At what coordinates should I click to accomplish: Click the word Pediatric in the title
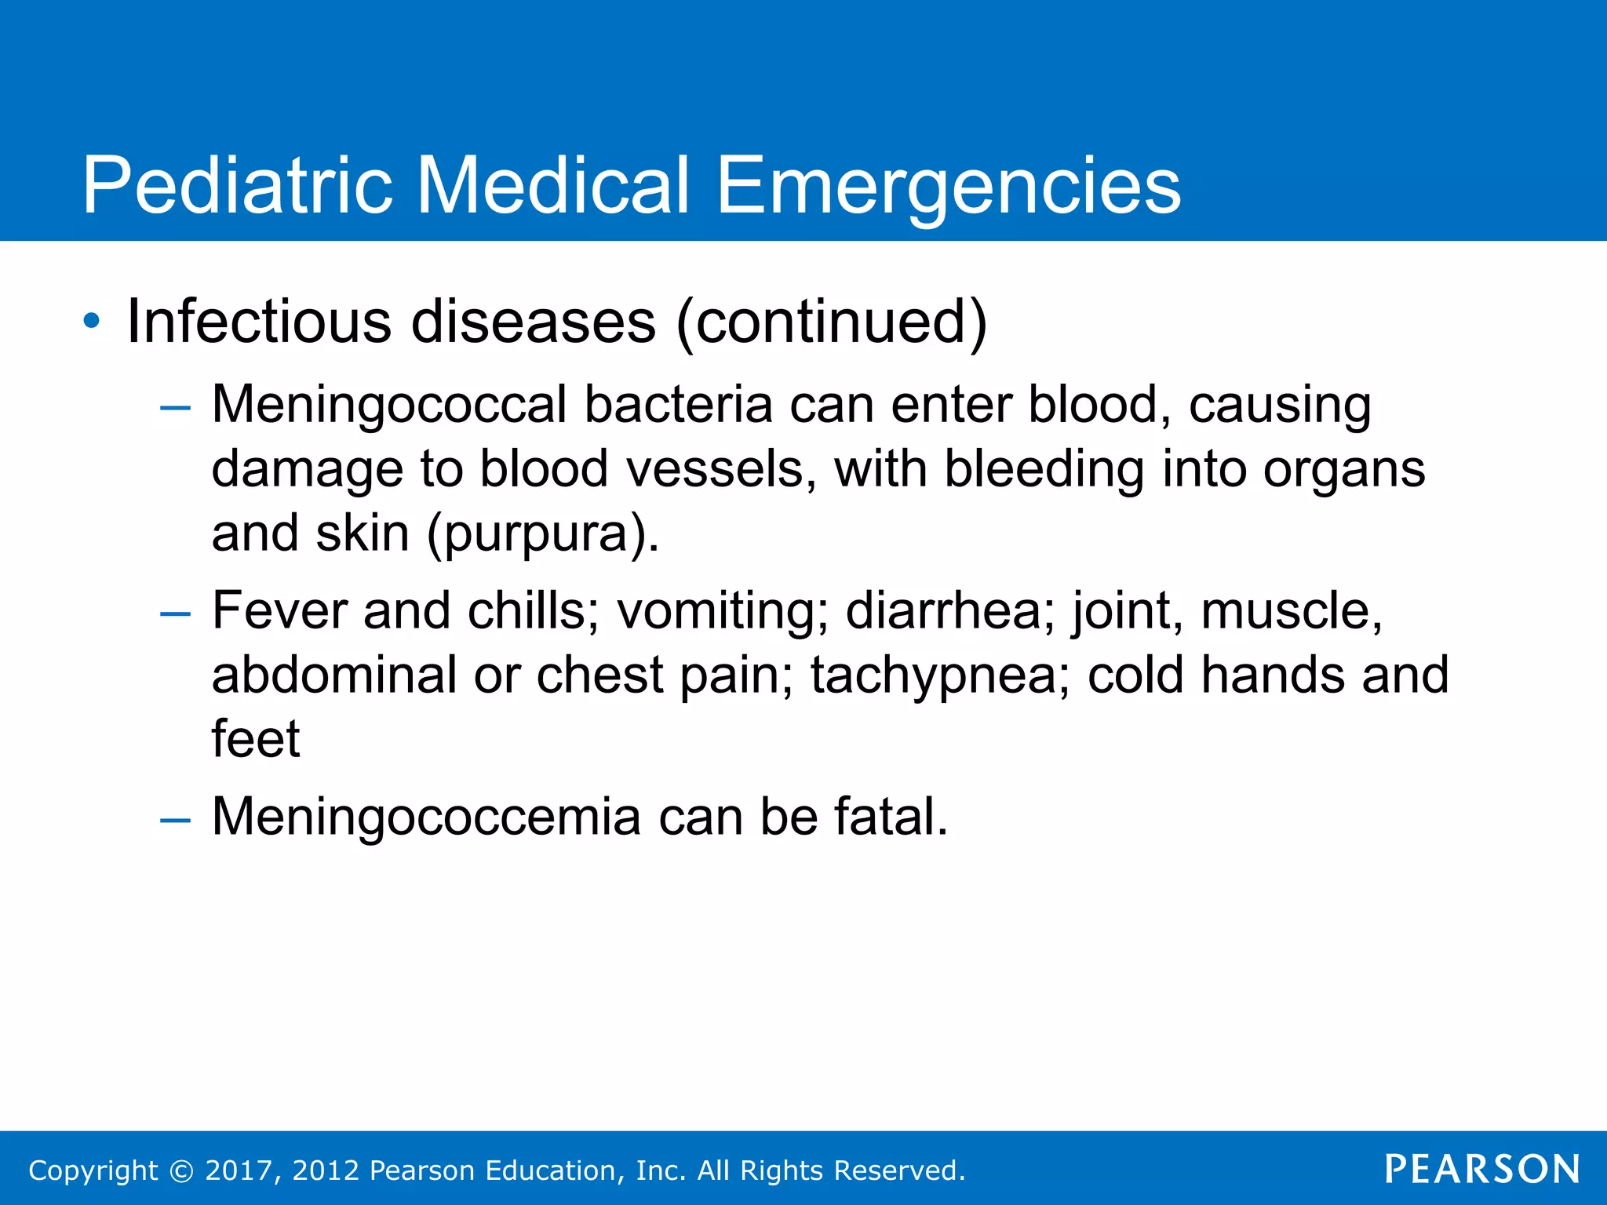[237, 185]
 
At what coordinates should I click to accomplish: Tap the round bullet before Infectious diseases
[93, 321]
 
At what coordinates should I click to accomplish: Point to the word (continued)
[831, 322]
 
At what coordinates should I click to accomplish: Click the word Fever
[279, 611]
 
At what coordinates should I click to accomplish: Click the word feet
[256, 739]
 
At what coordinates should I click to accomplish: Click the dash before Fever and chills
[175, 613]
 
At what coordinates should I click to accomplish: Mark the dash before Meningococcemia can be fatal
[175, 821]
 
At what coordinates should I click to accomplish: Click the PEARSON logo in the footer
[1482, 1170]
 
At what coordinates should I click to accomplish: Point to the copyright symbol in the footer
[181, 1171]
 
